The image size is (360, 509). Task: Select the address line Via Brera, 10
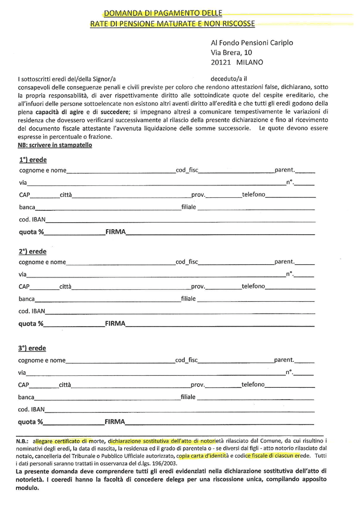(231, 52)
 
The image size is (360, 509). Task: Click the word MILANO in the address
(250, 63)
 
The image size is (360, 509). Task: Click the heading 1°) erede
(33, 160)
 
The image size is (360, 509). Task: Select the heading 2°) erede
(33, 252)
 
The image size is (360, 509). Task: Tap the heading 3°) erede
(32, 349)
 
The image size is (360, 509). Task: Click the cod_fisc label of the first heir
(187, 170)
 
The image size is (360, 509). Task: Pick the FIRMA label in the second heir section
(115, 324)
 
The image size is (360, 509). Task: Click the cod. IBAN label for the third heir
(31, 410)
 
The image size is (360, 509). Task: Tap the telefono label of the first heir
(254, 194)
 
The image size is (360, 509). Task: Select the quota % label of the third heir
(31, 422)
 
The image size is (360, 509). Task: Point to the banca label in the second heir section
(27, 299)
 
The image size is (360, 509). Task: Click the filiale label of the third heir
(188, 397)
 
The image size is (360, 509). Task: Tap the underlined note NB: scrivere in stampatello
(55, 145)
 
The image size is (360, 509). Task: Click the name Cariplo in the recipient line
(279, 43)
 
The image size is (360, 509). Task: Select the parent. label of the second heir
(284, 261)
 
